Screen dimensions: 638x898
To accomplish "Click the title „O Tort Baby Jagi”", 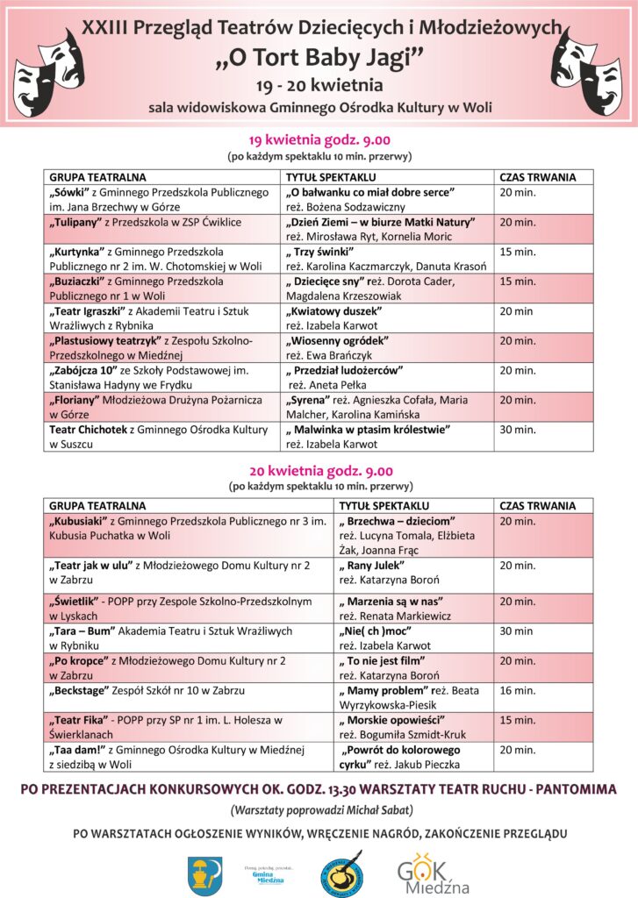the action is pyautogui.click(x=319, y=58).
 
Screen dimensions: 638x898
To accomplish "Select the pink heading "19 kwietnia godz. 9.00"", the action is pyautogui.click(x=319, y=140).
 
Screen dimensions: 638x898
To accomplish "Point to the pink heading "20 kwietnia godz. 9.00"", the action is pyautogui.click(x=319, y=470).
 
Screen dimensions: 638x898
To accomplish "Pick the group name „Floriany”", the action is pyautogui.click(x=77, y=400).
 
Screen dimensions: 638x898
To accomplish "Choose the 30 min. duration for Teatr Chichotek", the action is pyautogui.click(x=518, y=430).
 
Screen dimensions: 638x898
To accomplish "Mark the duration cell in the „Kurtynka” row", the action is pyautogui.click(x=518, y=252).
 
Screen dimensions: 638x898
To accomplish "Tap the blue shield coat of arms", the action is pyautogui.click(x=199, y=872).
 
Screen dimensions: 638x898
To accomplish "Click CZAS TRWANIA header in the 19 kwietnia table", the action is pyautogui.click(x=538, y=177).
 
